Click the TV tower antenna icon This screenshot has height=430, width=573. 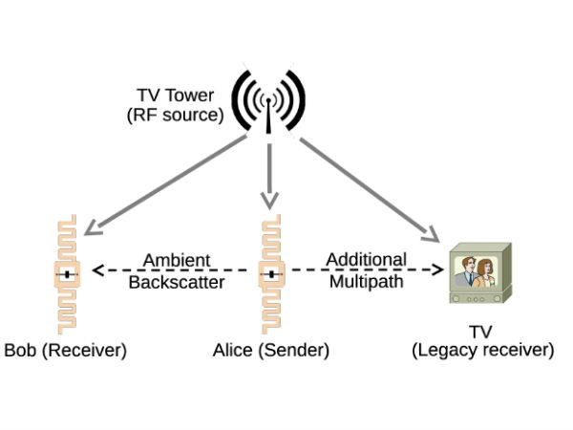pos(269,98)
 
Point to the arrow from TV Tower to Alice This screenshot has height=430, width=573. pos(269,172)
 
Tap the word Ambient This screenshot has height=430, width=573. pos(176,260)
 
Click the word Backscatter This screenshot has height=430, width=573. pos(176,284)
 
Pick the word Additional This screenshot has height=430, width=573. pos(366,259)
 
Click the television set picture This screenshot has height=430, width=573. pos(480,273)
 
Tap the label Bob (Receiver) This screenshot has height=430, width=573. pos(65,351)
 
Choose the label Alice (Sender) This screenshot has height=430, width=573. pos(271,351)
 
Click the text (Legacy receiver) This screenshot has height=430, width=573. pos(483,351)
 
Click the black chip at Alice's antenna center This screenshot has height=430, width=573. pos(271,275)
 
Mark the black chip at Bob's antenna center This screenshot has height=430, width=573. pos(67,275)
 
